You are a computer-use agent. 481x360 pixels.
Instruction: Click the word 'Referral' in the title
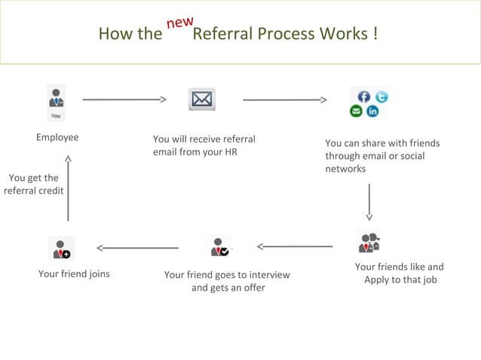223,35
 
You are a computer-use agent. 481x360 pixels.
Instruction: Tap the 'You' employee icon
56,103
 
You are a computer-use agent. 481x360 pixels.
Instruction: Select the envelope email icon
202,99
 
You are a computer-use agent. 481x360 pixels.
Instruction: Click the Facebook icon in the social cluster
364,96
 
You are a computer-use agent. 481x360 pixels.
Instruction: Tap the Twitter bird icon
381,96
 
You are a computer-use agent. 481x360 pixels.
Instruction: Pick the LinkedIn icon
372,111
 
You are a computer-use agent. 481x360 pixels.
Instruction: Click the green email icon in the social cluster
357,111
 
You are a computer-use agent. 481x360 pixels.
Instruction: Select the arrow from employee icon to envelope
124,99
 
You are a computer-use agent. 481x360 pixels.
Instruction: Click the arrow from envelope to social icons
284,99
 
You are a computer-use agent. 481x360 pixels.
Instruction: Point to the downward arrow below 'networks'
369,201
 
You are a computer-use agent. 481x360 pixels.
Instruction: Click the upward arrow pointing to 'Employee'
68,188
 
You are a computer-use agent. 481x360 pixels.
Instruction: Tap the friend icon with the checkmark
219,246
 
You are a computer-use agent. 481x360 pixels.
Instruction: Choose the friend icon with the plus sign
61,248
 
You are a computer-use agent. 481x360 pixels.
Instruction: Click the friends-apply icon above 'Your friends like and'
369,241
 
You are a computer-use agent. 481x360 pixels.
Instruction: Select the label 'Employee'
57,138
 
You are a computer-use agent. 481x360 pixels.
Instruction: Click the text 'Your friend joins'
74,273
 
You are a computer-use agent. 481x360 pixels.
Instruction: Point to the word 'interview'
268,275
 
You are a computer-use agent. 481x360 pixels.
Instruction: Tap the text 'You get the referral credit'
34,185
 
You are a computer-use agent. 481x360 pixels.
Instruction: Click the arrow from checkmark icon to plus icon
137,247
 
